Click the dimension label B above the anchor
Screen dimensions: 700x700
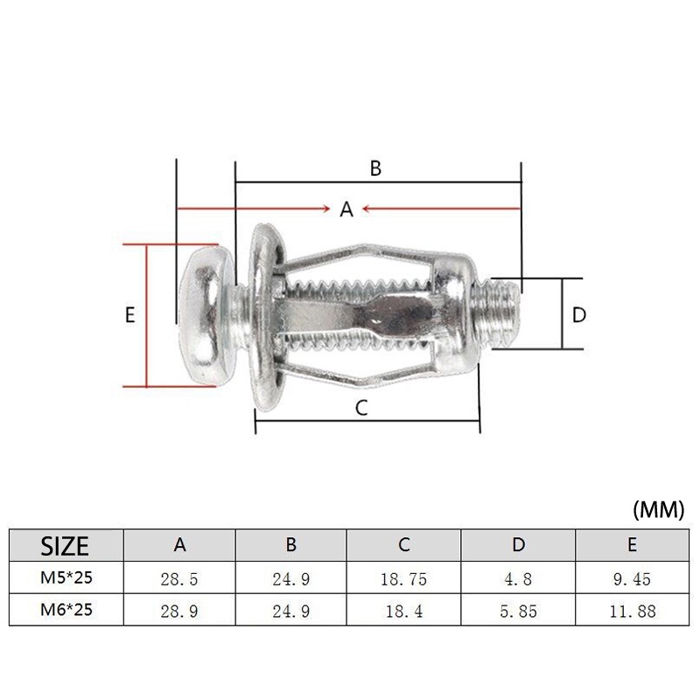(x=375, y=168)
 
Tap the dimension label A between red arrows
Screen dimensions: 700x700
(x=346, y=209)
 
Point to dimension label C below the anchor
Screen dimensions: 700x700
(x=361, y=408)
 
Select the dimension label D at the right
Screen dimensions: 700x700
(x=579, y=315)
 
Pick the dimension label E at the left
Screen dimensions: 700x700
(x=129, y=315)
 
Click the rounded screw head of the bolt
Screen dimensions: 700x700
(x=206, y=315)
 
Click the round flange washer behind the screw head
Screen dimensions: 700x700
(x=267, y=316)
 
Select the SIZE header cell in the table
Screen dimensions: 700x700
(x=65, y=545)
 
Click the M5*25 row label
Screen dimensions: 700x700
(x=66, y=577)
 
